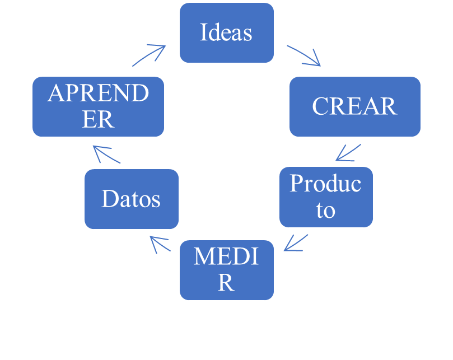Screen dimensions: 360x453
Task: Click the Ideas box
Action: point(226,32)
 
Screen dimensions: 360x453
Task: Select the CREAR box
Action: point(354,106)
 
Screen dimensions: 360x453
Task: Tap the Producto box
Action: point(326,197)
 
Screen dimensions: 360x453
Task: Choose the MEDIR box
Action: point(226,269)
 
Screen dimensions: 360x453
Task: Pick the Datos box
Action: point(131,199)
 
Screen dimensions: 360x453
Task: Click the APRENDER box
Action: point(98,106)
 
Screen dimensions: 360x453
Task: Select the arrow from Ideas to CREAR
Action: point(304,55)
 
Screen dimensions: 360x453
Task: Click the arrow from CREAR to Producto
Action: point(348,152)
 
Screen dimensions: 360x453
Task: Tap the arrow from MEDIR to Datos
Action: point(160,244)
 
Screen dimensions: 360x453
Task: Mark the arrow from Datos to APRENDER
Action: point(106,155)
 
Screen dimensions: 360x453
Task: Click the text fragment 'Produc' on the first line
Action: point(325,184)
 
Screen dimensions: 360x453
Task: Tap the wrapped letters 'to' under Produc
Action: point(325,211)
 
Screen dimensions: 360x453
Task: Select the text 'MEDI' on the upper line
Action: point(226,257)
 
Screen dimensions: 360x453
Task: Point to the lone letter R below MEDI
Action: point(226,283)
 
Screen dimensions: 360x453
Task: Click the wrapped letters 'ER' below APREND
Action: point(98,120)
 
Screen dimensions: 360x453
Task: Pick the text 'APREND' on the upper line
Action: point(98,93)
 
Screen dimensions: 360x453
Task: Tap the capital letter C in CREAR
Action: point(320,106)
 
